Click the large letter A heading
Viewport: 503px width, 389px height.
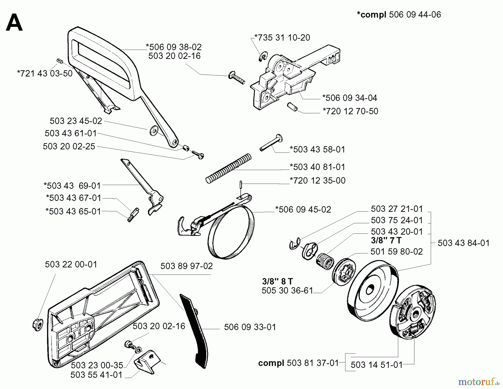pos(14,23)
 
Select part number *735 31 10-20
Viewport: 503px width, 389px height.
pos(282,38)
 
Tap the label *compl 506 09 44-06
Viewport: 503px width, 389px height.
pos(399,15)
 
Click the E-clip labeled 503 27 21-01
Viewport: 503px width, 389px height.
pos(295,244)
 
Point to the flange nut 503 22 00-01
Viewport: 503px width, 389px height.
pos(38,324)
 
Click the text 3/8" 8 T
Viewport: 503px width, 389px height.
pos(277,281)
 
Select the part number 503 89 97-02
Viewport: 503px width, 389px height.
pos(186,266)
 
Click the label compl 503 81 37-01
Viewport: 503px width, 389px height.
pos(298,363)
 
